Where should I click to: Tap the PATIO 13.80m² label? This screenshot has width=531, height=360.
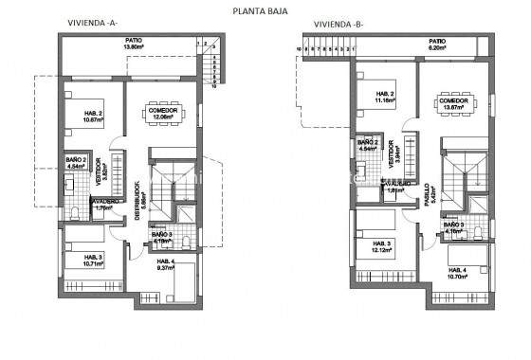133,44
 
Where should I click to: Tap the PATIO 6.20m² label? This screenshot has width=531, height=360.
436,44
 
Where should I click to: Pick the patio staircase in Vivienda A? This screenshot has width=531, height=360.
212,66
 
